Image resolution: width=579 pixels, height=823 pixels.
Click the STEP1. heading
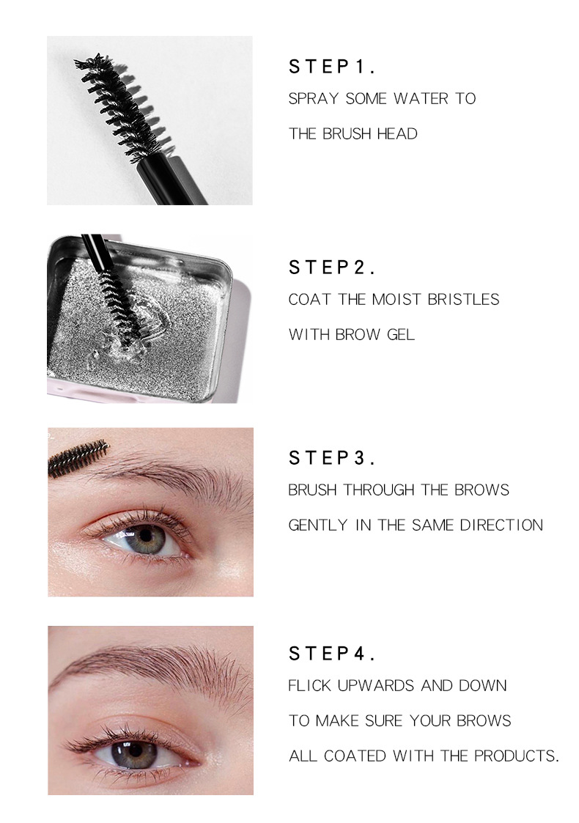332,67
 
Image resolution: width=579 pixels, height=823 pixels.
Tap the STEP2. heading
332,268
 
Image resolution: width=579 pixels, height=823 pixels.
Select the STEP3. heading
332,459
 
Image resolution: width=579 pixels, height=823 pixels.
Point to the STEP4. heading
332,654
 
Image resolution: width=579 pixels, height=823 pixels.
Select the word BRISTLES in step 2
465,300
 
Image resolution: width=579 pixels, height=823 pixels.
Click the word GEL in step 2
400,335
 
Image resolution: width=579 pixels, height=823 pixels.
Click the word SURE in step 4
419,721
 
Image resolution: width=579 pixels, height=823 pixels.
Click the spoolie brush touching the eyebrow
78,459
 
